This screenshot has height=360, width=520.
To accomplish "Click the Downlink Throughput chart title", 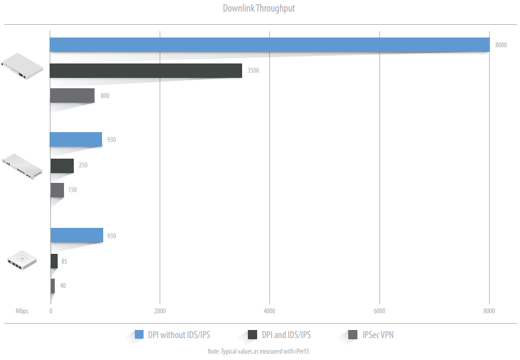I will pyautogui.click(x=259, y=9).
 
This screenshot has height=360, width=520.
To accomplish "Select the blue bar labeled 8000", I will pyautogui.click(x=269, y=45).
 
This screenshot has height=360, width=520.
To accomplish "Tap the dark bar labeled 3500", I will pyautogui.click(x=146, y=70).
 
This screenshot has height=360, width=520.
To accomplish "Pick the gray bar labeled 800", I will pyautogui.click(x=72, y=96).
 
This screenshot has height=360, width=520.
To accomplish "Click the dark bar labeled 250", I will pyautogui.click(x=62, y=166).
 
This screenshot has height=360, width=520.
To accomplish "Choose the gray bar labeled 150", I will pyautogui.click(x=57, y=190).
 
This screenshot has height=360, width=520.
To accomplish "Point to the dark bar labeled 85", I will pyautogui.click(x=54, y=261).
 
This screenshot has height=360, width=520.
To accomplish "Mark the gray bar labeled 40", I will pyautogui.click(x=52, y=286).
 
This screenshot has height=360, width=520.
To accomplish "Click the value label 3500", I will pyautogui.click(x=253, y=71).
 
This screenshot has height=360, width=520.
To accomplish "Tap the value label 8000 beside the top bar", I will pyautogui.click(x=501, y=45).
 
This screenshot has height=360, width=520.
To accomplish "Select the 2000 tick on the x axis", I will pyautogui.click(x=160, y=312).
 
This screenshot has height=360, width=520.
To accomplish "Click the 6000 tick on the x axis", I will pyautogui.click(x=379, y=312).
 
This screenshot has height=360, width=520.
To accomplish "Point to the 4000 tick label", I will pyautogui.click(x=269, y=312).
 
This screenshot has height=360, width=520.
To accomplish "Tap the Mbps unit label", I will pyautogui.click(x=22, y=312).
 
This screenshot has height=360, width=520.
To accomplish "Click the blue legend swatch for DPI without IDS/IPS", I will pyautogui.click(x=139, y=334).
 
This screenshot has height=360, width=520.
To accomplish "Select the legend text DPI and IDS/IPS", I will pyautogui.click(x=286, y=335).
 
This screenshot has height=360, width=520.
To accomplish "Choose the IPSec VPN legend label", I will pyautogui.click(x=378, y=335).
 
